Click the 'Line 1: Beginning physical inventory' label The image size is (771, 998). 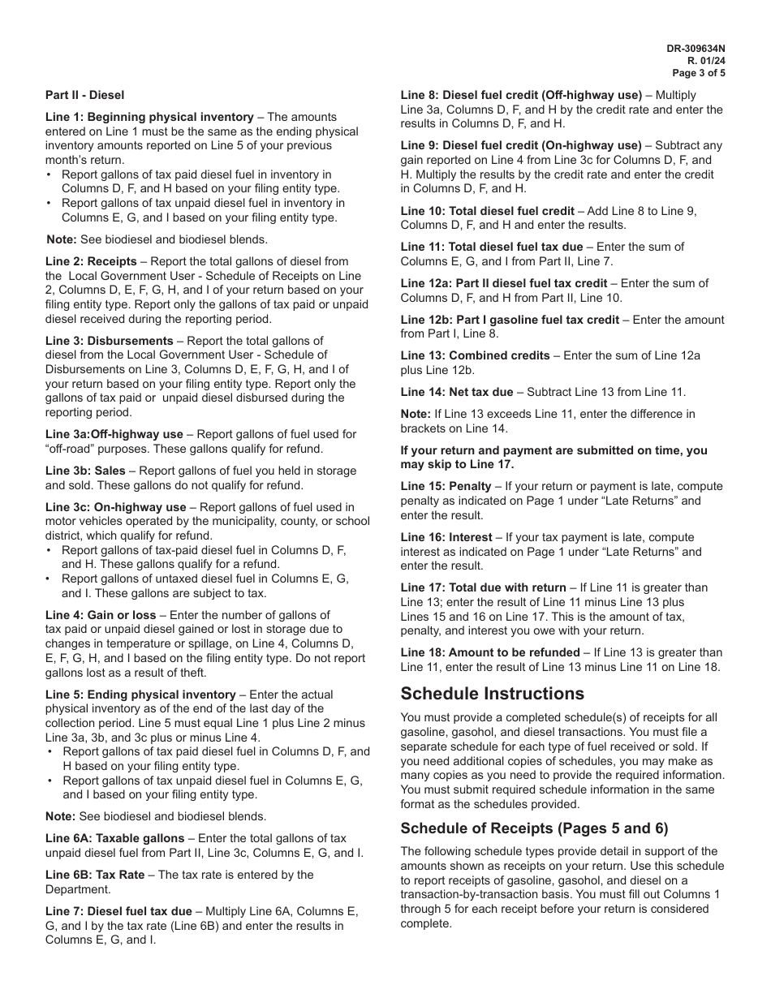click(x=149, y=117)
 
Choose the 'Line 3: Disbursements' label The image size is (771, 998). click(x=109, y=341)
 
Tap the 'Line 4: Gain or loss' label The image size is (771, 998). click(x=101, y=615)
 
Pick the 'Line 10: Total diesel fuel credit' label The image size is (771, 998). click(x=488, y=211)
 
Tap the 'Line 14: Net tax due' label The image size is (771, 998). click(x=457, y=392)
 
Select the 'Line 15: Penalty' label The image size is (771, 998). click(x=446, y=486)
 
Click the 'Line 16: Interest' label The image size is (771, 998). click(x=446, y=537)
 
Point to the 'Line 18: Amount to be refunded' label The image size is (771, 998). click(x=490, y=652)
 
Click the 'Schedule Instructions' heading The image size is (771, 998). click(x=493, y=694)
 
